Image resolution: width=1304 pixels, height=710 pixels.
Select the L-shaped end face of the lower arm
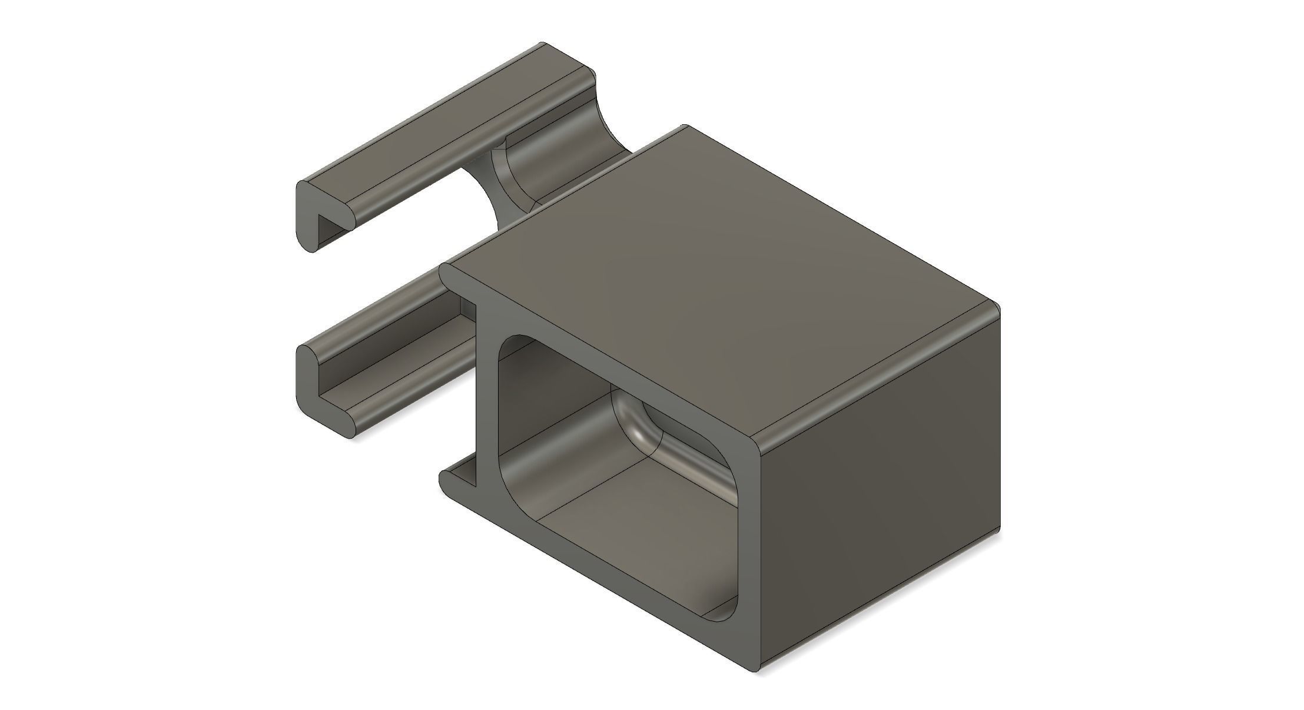pos(308,383)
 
